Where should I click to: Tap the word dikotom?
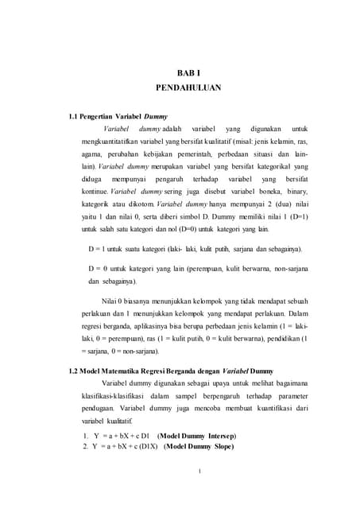tap(141, 204)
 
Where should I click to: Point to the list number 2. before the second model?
tap(85, 447)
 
